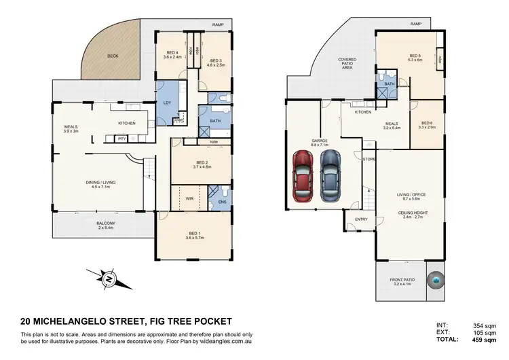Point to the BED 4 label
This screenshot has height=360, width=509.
(172, 54)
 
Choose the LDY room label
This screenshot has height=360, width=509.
(166, 103)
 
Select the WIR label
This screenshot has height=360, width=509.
(190, 199)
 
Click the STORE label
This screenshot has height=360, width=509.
(369, 159)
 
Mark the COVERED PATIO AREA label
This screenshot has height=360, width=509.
(348, 63)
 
